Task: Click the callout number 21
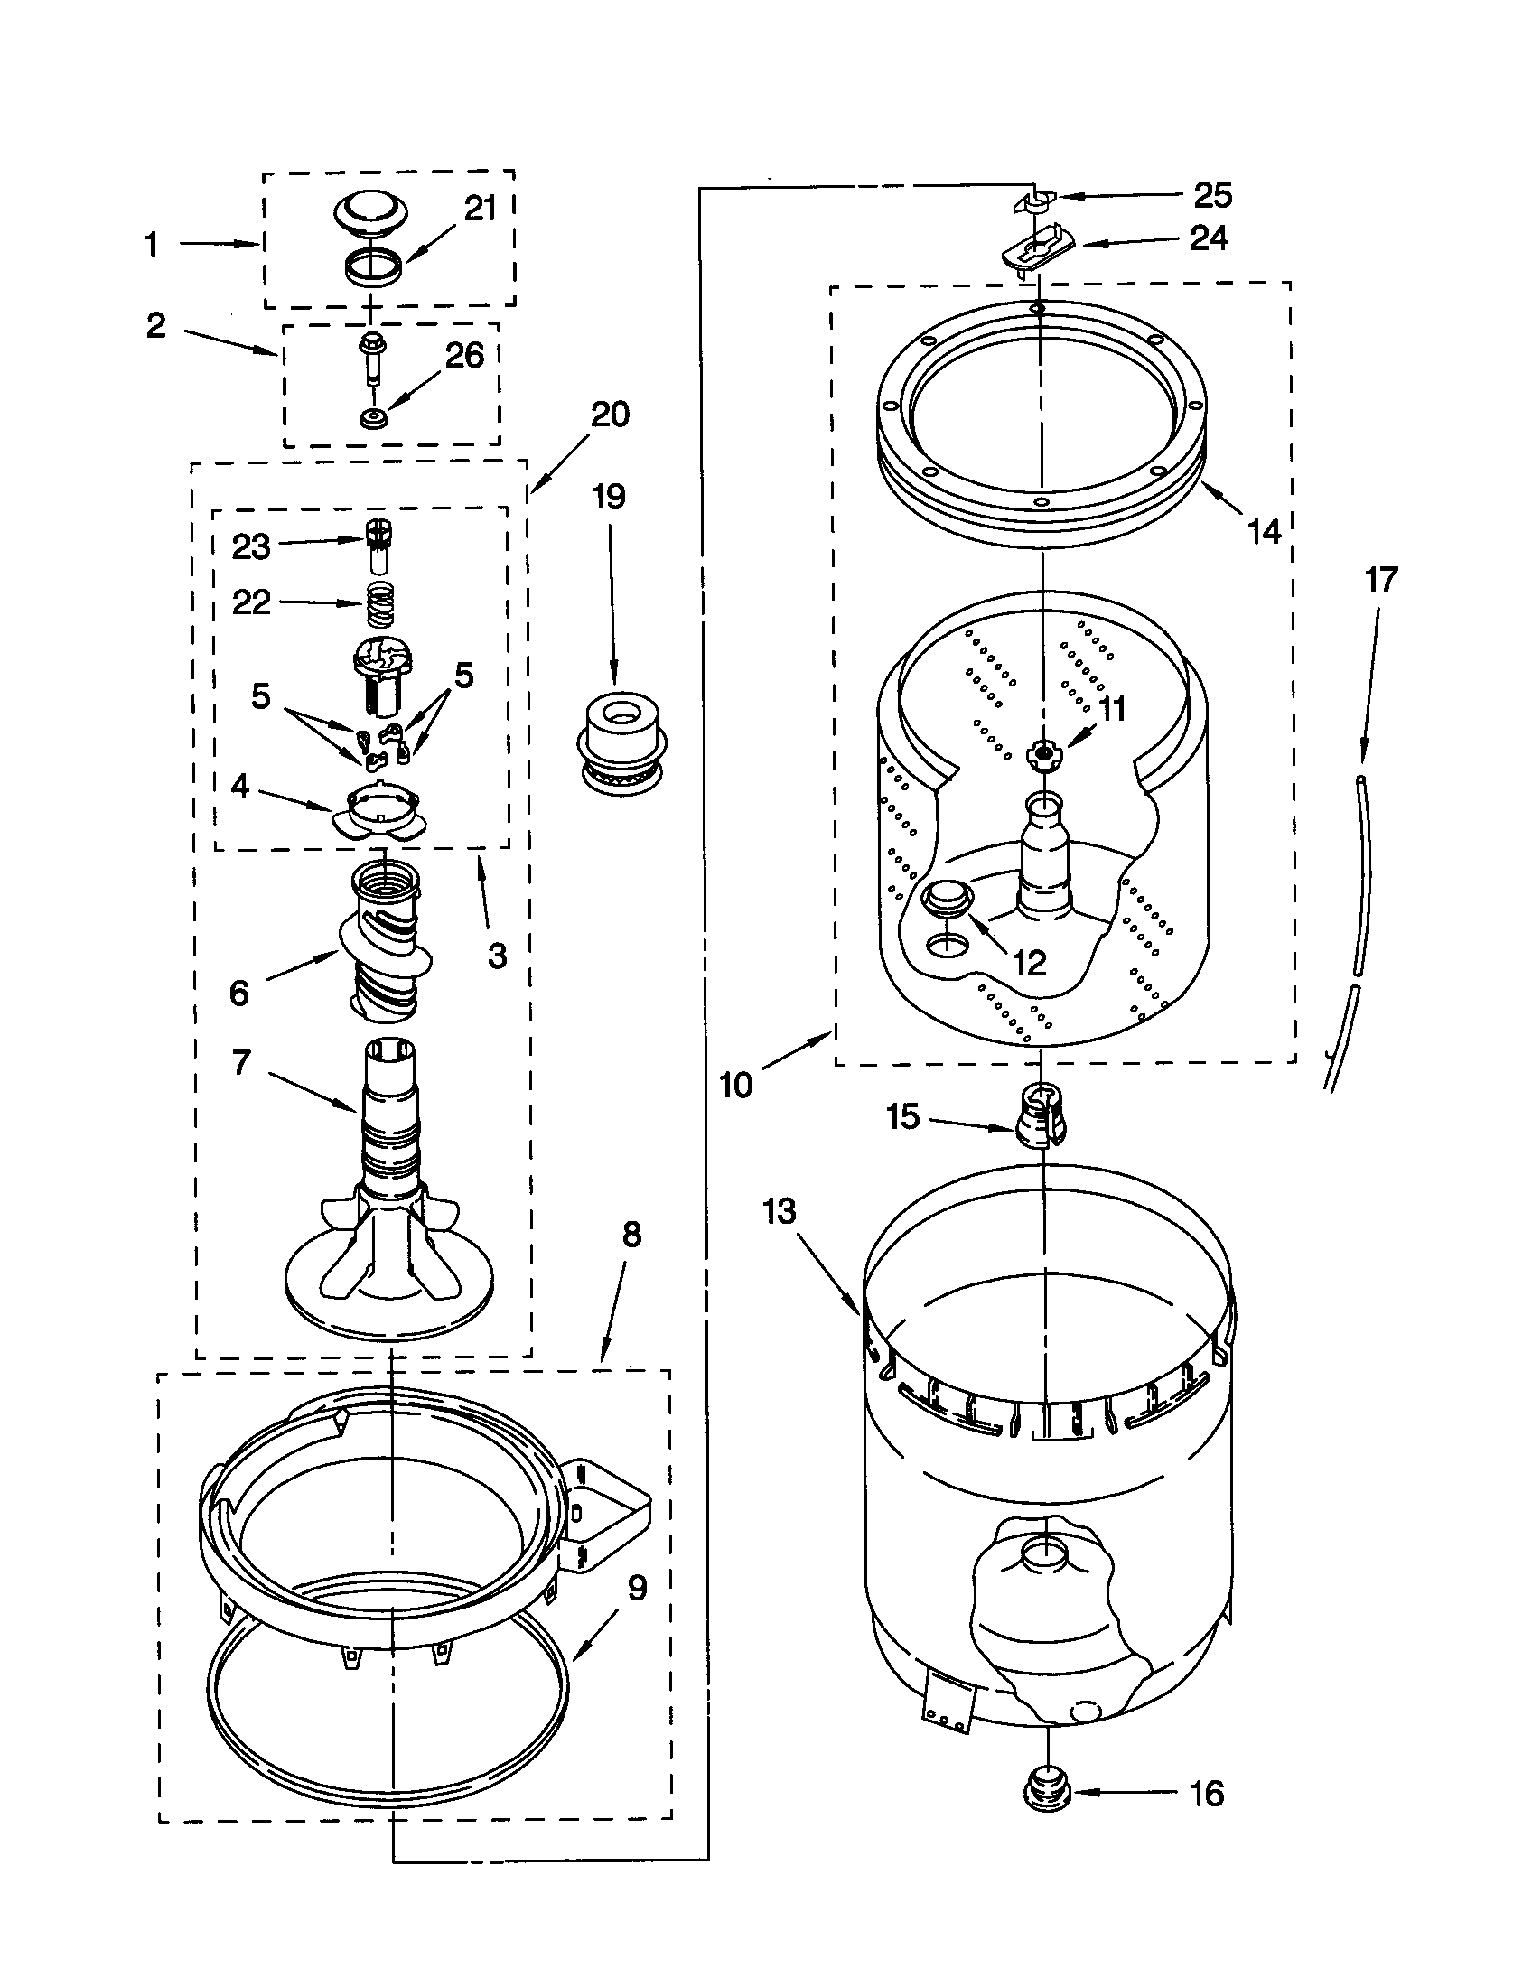[x=480, y=210]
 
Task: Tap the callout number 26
[x=464, y=356]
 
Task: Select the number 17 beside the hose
[x=1381, y=580]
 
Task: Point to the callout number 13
[x=780, y=1212]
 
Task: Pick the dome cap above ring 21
[x=369, y=215]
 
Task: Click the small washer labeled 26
[x=371, y=419]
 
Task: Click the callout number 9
[x=637, y=1589]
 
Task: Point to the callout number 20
[x=610, y=415]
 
